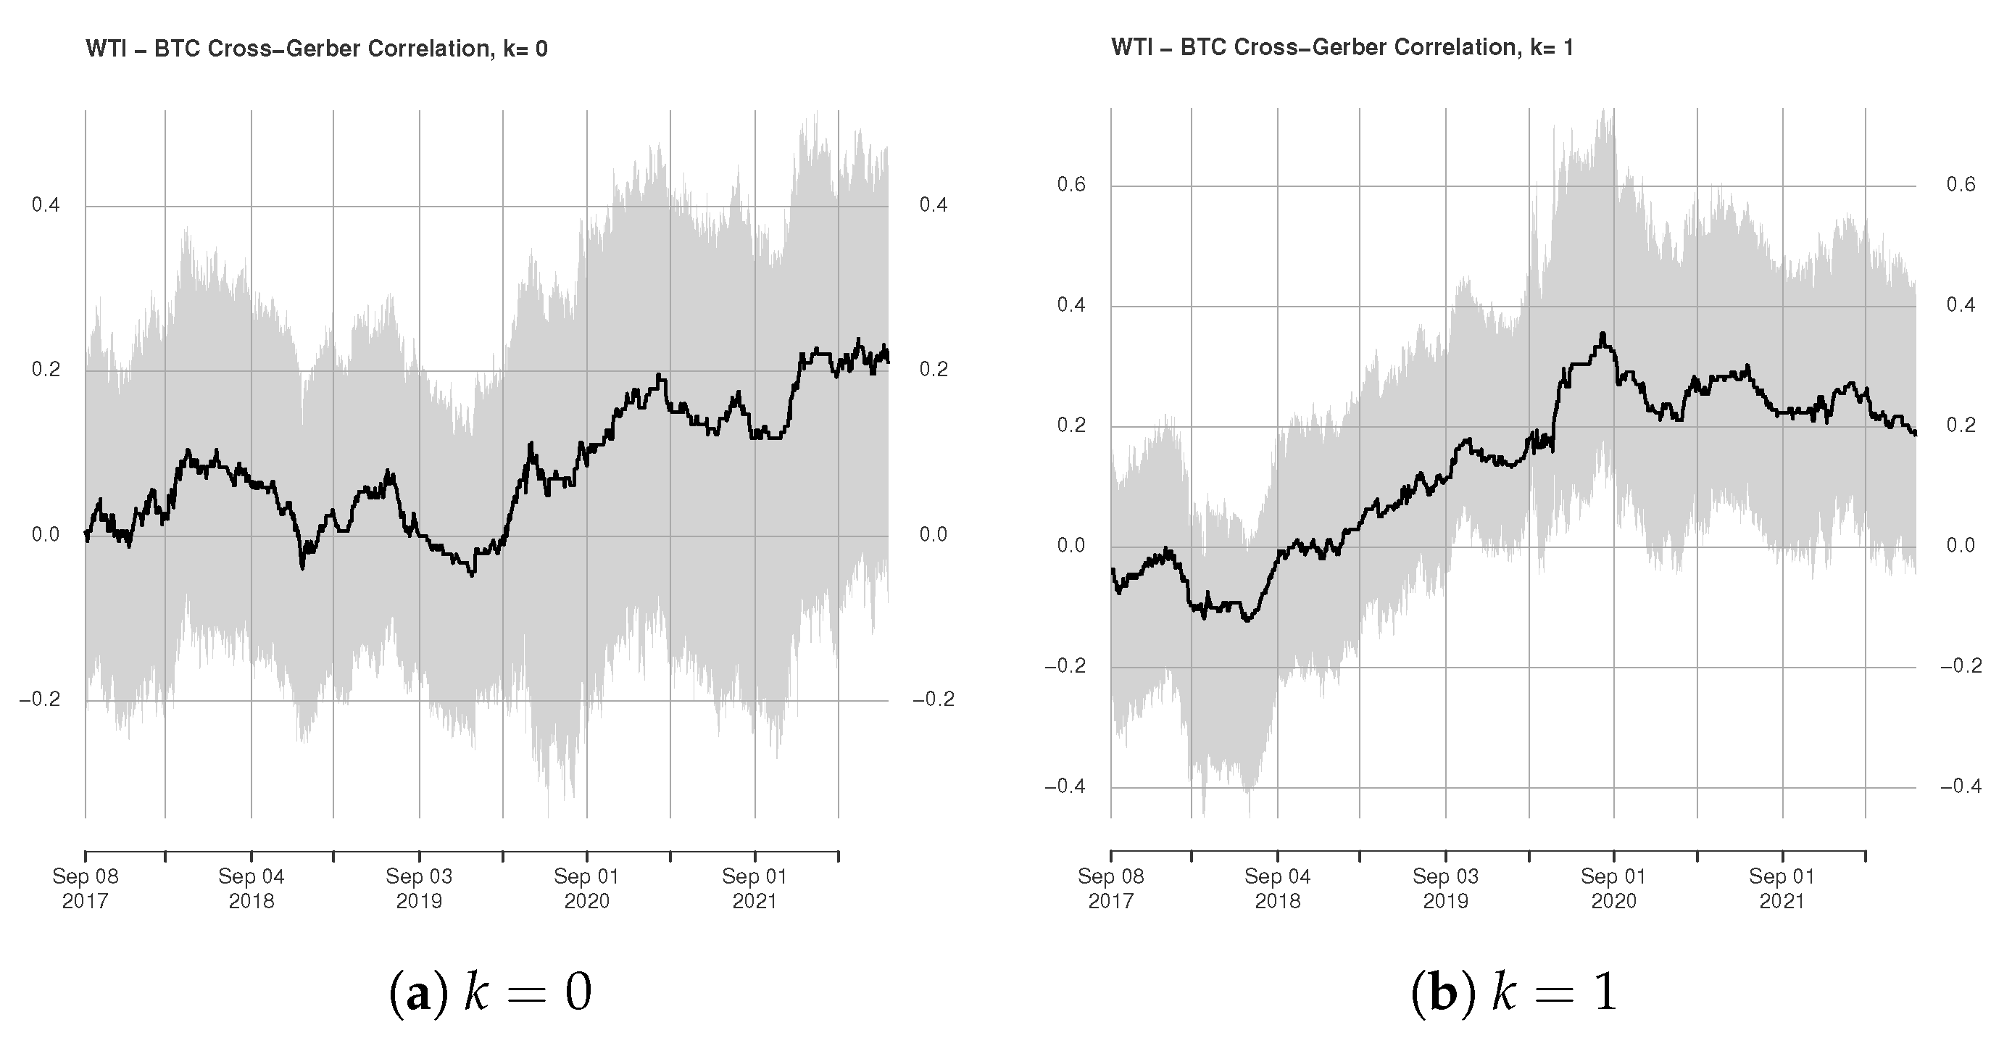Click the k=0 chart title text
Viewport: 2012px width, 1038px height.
click(x=316, y=49)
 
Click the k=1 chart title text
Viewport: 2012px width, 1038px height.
click(x=1342, y=48)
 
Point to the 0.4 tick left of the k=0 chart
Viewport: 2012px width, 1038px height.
click(x=46, y=205)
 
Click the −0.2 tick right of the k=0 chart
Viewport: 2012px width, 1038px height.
click(x=934, y=699)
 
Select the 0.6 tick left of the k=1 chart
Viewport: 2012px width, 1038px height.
click(x=1072, y=185)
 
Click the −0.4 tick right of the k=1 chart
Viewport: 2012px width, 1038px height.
click(x=1961, y=786)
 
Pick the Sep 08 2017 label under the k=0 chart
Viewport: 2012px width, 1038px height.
click(x=85, y=889)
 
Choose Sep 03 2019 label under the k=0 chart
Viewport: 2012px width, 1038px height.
click(x=420, y=889)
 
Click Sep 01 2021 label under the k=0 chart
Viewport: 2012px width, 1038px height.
click(x=754, y=889)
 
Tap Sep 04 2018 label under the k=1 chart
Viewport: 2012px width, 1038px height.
click(x=1278, y=889)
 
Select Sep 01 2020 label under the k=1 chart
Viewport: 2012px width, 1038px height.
click(x=1613, y=889)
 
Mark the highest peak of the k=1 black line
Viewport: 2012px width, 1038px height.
click(x=1602, y=334)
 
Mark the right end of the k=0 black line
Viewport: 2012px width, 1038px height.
click(x=888, y=360)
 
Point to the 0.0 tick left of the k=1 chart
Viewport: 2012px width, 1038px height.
click(x=1072, y=545)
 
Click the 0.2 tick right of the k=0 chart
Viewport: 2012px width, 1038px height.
click(x=934, y=370)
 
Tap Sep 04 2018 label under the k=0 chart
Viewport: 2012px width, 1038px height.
click(x=251, y=889)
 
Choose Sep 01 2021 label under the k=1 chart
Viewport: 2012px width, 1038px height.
click(x=1782, y=889)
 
